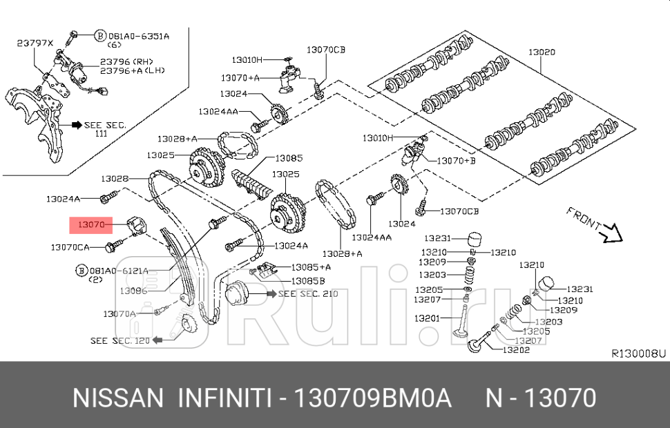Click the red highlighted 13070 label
(x=90, y=224)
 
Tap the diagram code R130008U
(x=638, y=353)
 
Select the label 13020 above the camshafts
(x=542, y=52)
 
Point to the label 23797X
(x=35, y=43)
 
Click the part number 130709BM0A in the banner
(x=373, y=398)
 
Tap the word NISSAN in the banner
(x=117, y=398)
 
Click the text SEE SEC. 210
(x=307, y=294)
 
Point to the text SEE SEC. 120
(x=119, y=340)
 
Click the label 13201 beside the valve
(x=428, y=318)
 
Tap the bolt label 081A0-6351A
(x=139, y=35)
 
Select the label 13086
(x=133, y=291)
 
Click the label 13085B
(x=307, y=281)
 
